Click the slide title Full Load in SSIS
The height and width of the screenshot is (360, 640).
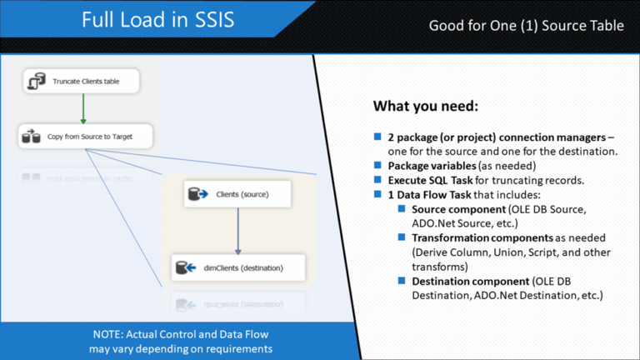pyautogui.click(x=158, y=20)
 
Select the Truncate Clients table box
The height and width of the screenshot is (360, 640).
pyautogui.click(x=81, y=81)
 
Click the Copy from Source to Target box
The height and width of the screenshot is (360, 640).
pyautogui.click(x=85, y=137)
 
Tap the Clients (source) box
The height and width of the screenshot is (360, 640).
pyautogui.click(x=237, y=194)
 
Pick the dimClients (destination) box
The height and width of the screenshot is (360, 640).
pyautogui.click(x=238, y=267)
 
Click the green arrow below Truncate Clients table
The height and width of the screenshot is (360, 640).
pyautogui.click(x=83, y=108)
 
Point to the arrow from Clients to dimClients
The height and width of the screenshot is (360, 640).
pyautogui.click(x=238, y=231)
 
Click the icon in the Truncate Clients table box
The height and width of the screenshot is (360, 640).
pyautogui.click(x=37, y=81)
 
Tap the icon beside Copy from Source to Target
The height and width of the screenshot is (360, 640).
pyautogui.click(x=31, y=136)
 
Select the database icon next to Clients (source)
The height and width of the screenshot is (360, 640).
pyautogui.click(x=198, y=194)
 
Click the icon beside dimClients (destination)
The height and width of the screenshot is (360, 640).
pyautogui.click(x=186, y=267)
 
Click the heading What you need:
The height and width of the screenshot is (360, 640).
pyautogui.click(x=426, y=106)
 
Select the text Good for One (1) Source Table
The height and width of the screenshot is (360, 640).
pyautogui.click(x=526, y=26)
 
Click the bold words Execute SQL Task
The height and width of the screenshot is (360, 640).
pyautogui.click(x=430, y=180)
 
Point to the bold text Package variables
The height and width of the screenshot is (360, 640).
pyautogui.click(x=432, y=166)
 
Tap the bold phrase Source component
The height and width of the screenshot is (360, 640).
pyautogui.click(x=459, y=209)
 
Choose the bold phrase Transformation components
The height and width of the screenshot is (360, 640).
pyautogui.click(x=482, y=238)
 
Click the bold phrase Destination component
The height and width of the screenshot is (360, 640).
pyautogui.click(x=471, y=281)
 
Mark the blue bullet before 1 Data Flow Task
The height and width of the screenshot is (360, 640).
pyautogui.click(x=377, y=194)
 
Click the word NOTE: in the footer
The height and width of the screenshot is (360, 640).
pyautogui.click(x=108, y=334)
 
